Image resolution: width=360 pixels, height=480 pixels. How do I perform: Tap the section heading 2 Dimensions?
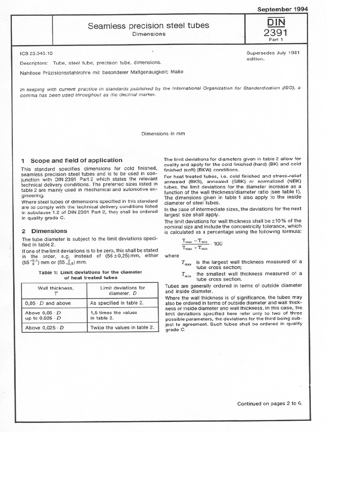45,231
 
